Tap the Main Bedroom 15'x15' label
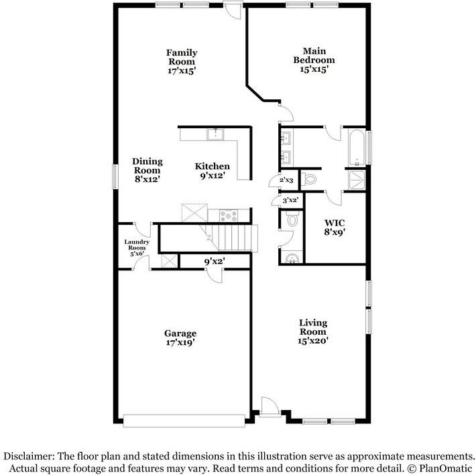[x=314, y=60]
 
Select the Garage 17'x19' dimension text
[x=180, y=343]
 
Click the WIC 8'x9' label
[x=335, y=227]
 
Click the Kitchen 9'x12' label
[x=213, y=170]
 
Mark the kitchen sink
[x=215, y=134]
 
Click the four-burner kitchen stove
[x=229, y=215]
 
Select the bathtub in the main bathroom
[x=357, y=148]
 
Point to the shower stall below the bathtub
[x=357, y=180]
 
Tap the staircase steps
[x=231, y=237]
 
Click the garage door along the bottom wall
[x=184, y=421]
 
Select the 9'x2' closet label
[x=215, y=261]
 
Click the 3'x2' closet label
[x=290, y=200]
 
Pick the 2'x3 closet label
[x=286, y=180]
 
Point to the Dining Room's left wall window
[x=115, y=176]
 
